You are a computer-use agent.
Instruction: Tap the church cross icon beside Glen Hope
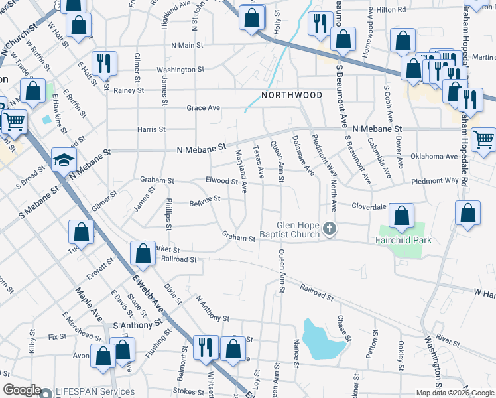[x=330, y=230]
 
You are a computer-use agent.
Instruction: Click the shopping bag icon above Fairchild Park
[x=401, y=216]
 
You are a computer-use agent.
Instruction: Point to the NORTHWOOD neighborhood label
[x=292, y=95]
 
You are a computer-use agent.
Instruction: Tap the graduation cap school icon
[x=64, y=160]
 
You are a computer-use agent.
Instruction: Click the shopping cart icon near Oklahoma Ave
[x=484, y=139]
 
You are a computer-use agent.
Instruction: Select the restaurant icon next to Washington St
[x=104, y=63]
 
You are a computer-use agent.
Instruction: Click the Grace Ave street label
[x=203, y=107]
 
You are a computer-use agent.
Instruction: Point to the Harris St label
[x=151, y=129]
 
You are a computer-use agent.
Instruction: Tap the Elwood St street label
[x=221, y=180]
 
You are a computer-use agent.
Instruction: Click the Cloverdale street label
[x=369, y=206]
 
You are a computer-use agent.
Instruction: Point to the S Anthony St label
[x=137, y=325]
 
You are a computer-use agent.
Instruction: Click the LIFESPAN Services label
[x=95, y=391]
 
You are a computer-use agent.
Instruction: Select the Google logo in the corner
[x=22, y=391]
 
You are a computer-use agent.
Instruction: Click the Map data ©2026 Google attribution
[x=454, y=393]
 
